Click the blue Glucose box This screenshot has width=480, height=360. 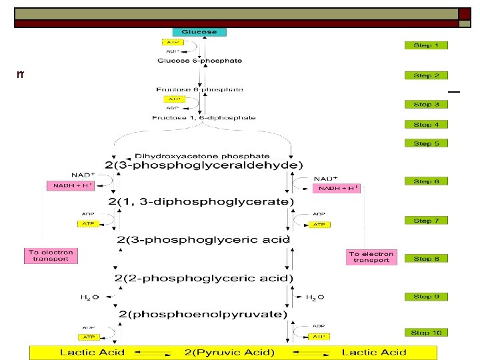tap(199, 32)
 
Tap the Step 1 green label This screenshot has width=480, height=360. tap(426, 45)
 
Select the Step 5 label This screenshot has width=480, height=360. tap(426, 143)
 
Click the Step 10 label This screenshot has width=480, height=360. tap(426, 332)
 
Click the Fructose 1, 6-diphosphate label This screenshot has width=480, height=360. tap(203, 118)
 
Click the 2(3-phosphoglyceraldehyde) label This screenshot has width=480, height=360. tap(203, 165)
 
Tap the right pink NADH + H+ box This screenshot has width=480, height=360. tap(338, 188)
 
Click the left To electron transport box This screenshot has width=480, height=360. tap(51, 256)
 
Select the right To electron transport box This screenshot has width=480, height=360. tap(371, 257)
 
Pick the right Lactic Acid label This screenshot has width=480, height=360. tap(373, 352)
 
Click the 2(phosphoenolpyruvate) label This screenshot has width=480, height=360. tap(203, 313)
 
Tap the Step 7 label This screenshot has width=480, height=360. tap(426, 221)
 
